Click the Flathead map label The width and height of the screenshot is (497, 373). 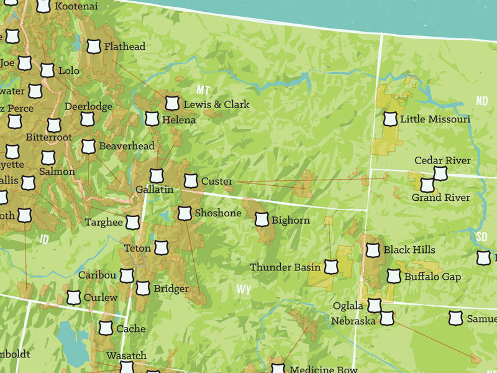tap(124, 47)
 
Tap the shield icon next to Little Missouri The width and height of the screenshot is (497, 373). tap(390, 119)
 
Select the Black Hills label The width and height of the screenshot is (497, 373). tap(409, 250)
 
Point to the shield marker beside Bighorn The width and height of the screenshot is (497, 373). tap(262, 220)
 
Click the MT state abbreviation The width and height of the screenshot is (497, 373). tap(203, 89)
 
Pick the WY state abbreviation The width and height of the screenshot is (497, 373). tap(244, 289)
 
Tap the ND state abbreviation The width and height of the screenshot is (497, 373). tap(482, 101)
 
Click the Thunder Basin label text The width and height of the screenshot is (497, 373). tap(285, 267)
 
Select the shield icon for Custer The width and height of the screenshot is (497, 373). tap(191, 182)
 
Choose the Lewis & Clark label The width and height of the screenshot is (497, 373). tap(216, 104)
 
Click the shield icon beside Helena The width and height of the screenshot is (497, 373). tap(152, 119)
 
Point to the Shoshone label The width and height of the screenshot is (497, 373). tap(217, 213)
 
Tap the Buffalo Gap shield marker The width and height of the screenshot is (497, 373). tap(393, 276)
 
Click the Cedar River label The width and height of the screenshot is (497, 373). tap(442, 160)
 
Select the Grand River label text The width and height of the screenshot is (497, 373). tap(440, 198)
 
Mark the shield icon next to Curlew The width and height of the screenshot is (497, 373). tap(74, 297)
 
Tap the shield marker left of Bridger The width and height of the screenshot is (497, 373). tap(143, 288)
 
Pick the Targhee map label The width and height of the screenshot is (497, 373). tap(104, 223)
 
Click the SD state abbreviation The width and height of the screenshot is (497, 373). tap(482, 237)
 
